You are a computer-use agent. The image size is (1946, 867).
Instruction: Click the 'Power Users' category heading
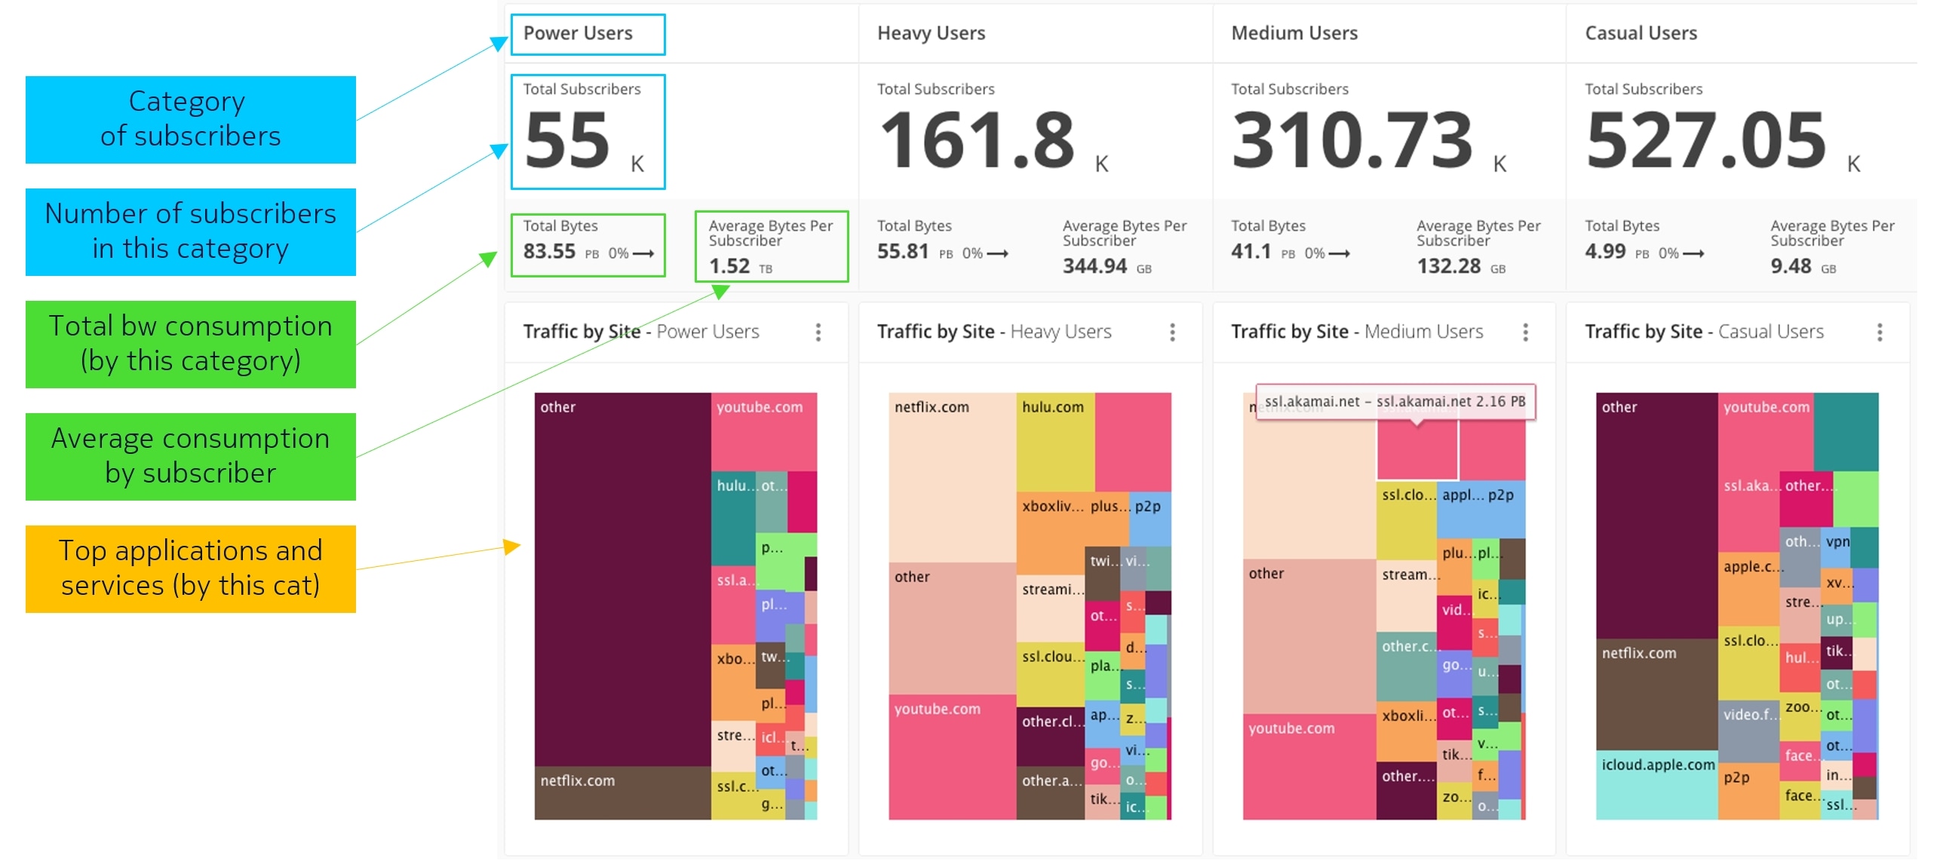[578, 33]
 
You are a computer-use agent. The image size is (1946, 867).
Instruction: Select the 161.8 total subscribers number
[978, 140]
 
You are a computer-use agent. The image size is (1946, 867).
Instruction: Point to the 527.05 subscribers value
[1707, 140]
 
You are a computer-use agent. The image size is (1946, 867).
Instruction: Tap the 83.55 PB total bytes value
[550, 252]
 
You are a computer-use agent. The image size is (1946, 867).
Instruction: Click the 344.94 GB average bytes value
[1094, 267]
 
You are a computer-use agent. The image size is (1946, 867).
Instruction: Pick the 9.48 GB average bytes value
[1791, 267]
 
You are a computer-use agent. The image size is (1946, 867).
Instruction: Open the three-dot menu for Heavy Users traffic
[1172, 332]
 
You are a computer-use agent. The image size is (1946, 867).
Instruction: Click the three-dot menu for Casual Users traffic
[1880, 332]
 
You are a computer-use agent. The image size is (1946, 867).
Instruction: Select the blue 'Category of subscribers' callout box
[190, 119]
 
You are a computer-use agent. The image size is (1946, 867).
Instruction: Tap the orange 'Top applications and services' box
[190, 568]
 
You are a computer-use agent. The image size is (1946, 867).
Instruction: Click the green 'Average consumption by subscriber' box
[190, 456]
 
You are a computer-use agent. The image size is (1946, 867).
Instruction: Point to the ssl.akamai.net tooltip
[1395, 402]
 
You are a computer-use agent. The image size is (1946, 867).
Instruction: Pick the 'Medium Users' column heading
[1294, 33]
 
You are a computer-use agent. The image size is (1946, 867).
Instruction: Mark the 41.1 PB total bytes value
[1251, 252]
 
